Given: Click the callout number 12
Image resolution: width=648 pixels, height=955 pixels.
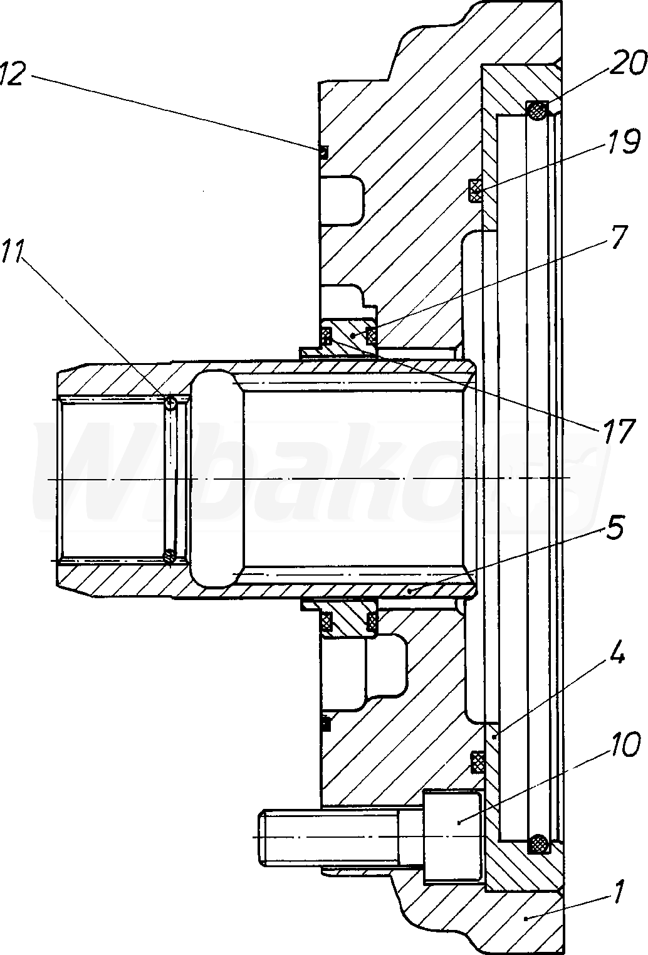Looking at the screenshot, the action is [x=11, y=74].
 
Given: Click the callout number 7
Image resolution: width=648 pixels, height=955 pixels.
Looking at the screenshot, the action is [x=617, y=238].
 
